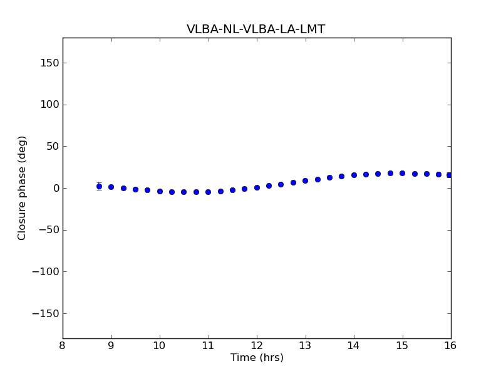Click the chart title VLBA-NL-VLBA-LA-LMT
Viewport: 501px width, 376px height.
pyautogui.click(x=256, y=29)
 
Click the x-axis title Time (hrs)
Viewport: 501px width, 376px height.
pyautogui.click(x=257, y=358)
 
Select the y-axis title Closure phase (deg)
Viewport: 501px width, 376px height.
pyautogui.click(x=23, y=188)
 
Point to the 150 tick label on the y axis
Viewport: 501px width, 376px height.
pyautogui.click(x=49, y=63)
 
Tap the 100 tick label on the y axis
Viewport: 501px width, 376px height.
pyautogui.click(x=49, y=105)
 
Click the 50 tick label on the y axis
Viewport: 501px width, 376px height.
pyautogui.click(x=52, y=147)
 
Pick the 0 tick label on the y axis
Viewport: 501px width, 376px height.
pyautogui.click(x=55, y=188)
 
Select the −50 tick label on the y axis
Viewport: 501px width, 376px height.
pyautogui.click(x=49, y=230)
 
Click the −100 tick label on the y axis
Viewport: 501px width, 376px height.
pyautogui.click(x=46, y=272)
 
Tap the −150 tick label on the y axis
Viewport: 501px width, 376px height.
pyautogui.click(x=46, y=313)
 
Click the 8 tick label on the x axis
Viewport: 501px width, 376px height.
pyautogui.click(x=63, y=346)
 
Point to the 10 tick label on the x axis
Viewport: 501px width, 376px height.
pyautogui.click(x=160, y=346)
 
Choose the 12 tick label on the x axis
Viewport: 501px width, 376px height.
pyautogui.click(x=257, y=346)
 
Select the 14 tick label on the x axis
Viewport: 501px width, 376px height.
pyautogui.click(x=354, y=346)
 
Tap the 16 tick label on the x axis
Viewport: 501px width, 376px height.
pyautogui.click(x=450, y=346)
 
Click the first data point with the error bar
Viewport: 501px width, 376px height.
pyautogui.click(x=99, y=186)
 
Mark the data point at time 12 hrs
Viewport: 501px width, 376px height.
pyautogui.click(x=257, y=187)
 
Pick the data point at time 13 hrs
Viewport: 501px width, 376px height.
pyautogui.click(x=305, y=180)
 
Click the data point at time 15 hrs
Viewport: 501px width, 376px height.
pyautogui.click(x=402, y=173)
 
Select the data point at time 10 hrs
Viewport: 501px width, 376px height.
pyautogui.click(x=160, y=191)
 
